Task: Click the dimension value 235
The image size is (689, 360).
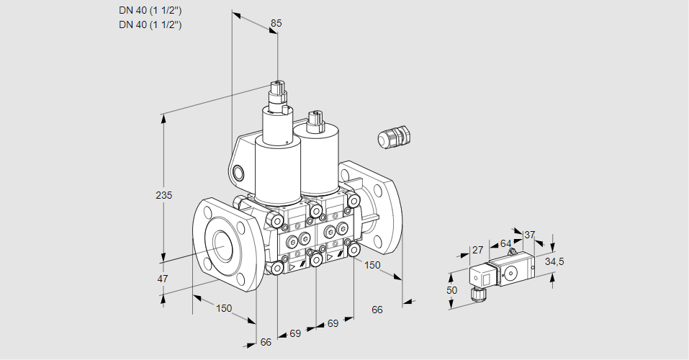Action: [x=164, y=195]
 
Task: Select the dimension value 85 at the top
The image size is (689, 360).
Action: [x=276, y=23]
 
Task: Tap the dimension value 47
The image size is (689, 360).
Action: [x=163, y=279]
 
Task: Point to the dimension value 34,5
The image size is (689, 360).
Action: [x=554, y=262]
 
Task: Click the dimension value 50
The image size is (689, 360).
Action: [x=451, y=290]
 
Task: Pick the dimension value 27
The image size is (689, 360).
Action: [x=477, y=250]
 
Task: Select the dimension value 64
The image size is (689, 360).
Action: [x=505, y=243]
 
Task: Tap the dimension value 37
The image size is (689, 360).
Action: [x=530, y=235]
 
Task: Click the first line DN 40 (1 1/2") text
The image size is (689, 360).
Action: [x=150, y=11]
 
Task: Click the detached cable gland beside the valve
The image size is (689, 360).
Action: [x=394, y=136]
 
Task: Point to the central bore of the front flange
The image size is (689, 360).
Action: [x=223, y=244]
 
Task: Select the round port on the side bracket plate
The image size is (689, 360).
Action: [x=238, y=174]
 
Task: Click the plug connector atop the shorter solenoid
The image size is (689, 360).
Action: [x=315, y=122]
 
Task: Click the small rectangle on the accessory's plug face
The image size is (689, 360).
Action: [x=486, y=278]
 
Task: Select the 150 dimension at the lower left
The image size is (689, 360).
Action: [x=224, y=309]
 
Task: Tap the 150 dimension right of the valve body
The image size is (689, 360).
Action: [x=372, y=265]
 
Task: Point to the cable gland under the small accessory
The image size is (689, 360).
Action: [x=477, y=294]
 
